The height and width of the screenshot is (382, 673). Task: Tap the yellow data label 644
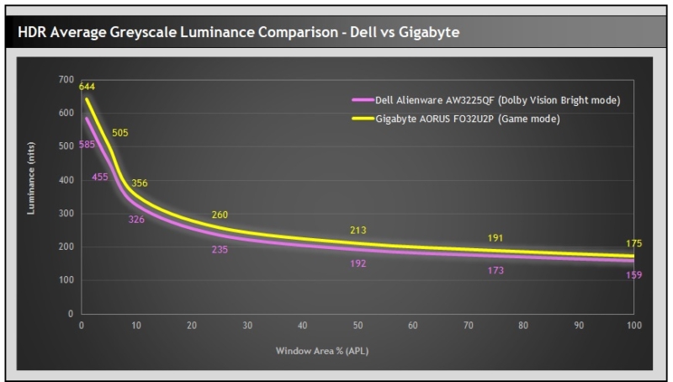[87, 86]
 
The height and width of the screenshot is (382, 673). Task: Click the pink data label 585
[87, 145]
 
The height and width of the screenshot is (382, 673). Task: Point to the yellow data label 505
[120, 132]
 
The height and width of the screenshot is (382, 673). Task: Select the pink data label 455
[100, 177]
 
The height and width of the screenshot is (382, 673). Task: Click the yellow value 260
[220, 215]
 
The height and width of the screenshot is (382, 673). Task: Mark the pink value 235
[220, 250]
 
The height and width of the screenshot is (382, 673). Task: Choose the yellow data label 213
[358, 230]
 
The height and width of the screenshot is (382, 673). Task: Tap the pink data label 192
[358, 263]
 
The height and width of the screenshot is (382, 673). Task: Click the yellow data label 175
[634, 243]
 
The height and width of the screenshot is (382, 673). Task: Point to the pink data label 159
[634, 275]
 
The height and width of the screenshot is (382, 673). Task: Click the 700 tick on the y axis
[66, 79]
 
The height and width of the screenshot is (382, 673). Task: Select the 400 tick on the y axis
[66, 179]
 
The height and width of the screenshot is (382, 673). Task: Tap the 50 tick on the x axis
[358, 325]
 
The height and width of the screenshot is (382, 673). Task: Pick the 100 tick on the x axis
[633, 325]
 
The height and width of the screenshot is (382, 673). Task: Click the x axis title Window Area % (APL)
[357, 349]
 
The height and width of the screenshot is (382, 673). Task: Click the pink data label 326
[135, 219]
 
